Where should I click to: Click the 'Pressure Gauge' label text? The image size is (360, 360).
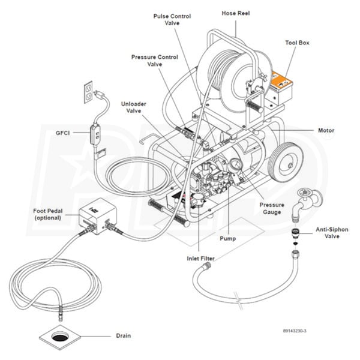click(271, 208)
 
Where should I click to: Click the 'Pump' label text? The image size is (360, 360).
click(227, 239)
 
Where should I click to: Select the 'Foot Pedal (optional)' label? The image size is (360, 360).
click(49, 214)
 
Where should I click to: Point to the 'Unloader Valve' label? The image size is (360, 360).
click(133, 107)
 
